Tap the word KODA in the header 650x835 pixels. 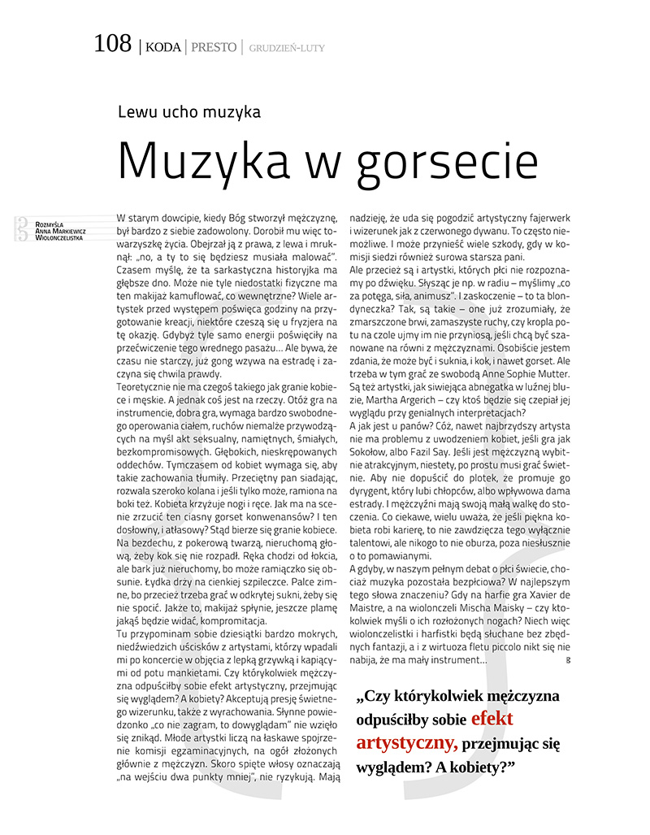(x=162, y=47)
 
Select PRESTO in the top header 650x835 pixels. (x=214, y=47)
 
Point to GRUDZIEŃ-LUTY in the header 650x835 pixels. (x=287, y=48)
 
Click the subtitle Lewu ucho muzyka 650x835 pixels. (x=188, y=112)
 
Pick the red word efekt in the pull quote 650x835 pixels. (x=492, y=719)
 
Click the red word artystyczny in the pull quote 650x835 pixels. (x=406, y=742)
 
